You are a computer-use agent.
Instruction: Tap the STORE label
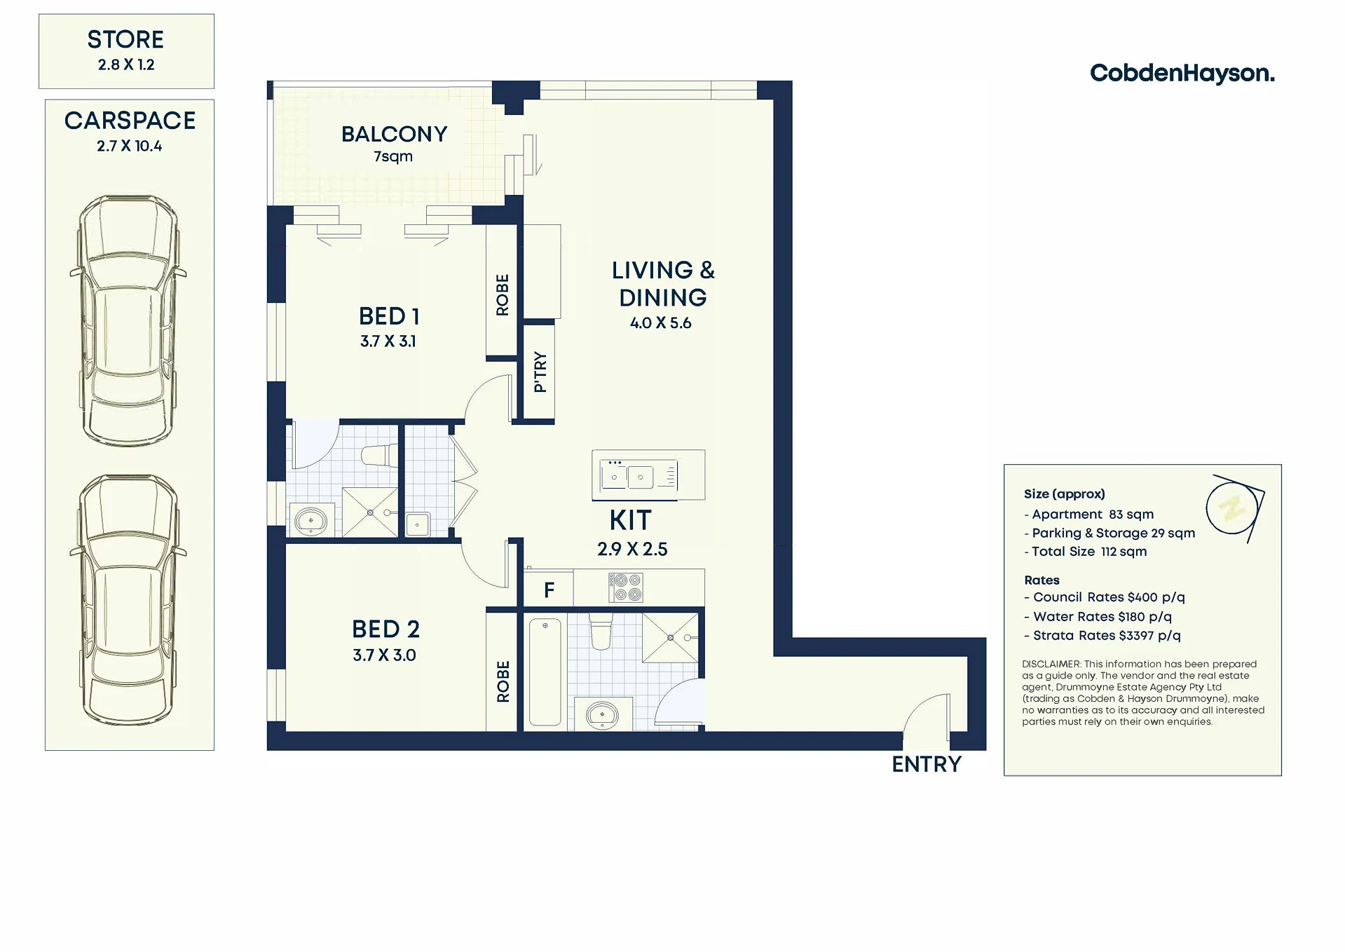click(125, 40)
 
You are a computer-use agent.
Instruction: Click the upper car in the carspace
click(128, 320)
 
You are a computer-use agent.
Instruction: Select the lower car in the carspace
click(128, 600)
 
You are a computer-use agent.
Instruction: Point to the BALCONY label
click(395, 134)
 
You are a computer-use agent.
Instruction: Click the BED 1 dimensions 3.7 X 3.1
click(388, 341)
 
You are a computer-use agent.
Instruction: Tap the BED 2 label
click(385, 630)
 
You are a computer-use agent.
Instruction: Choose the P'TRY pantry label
click(540, 372)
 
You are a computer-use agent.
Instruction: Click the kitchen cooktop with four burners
click(625, 587)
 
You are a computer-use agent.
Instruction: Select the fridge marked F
click(549, 590)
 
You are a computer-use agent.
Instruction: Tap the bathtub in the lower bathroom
click(545, 672)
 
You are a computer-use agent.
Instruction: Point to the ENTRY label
click(927, 764)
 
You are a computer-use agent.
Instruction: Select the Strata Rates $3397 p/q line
click(1102, 636)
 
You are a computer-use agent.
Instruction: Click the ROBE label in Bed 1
click(503, 295)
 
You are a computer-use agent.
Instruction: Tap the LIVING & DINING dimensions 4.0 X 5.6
click(661, 323)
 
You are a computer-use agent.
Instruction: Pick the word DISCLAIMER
click(1051, 664)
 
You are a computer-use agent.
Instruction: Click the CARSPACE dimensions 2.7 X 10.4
click(130, 146)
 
